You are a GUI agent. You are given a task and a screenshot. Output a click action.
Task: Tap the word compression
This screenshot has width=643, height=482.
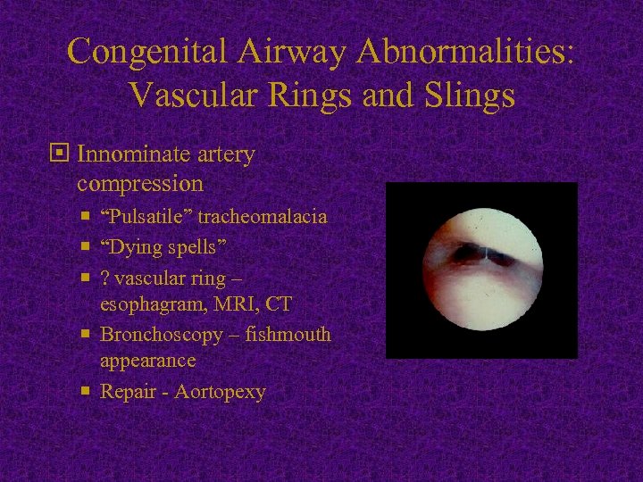click(139, 184)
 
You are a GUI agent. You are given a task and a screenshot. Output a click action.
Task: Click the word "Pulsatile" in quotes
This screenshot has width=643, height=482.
click(146, 217)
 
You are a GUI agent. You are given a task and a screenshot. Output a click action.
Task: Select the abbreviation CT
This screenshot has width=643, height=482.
click(279, 305)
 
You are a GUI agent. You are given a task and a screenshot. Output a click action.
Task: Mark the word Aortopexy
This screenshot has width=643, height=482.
click(221, 392)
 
